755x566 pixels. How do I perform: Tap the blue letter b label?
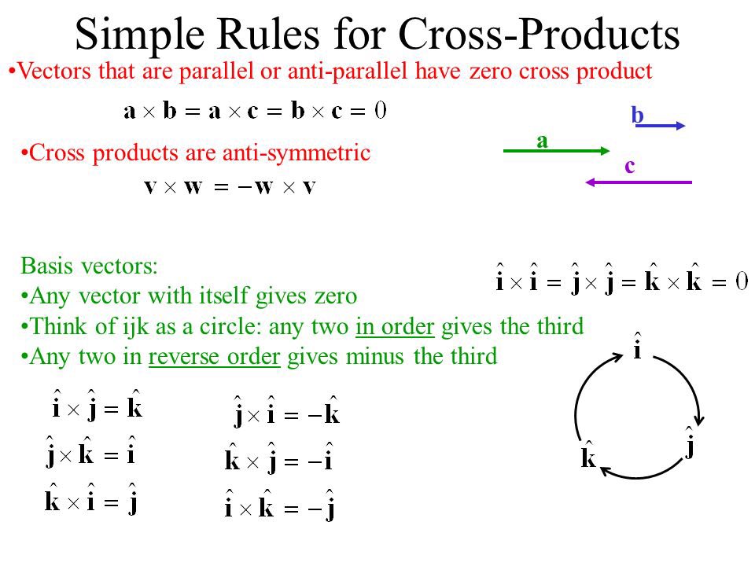tap(637, 116)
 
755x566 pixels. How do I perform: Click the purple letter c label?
tap(630, 166)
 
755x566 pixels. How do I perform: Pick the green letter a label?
tap(542, 140)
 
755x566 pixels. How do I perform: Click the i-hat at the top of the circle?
tap(636, 346)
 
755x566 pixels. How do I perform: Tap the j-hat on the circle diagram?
tap(690, 443)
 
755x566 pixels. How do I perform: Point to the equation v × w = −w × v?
tap(230, 188)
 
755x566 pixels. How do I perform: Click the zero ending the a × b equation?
tap(380, 109)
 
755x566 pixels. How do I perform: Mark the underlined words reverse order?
tap(214, 357)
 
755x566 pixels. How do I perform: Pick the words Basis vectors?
tap(89, 266)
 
